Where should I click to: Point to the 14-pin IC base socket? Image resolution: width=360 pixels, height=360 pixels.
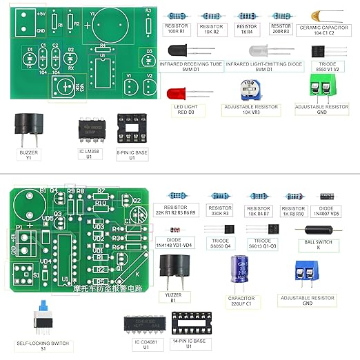188,323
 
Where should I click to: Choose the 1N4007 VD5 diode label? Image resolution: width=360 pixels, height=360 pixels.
327,211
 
